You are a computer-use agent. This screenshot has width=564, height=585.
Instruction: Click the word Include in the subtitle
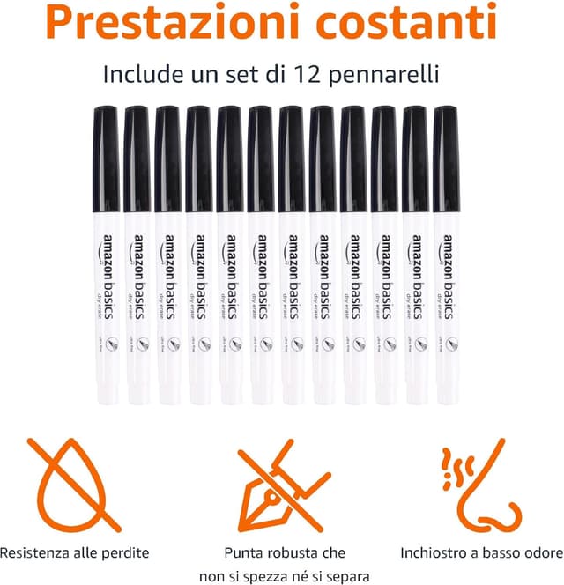[x=145, y=74]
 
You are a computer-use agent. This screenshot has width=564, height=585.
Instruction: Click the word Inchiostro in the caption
[x=434, y=553]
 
